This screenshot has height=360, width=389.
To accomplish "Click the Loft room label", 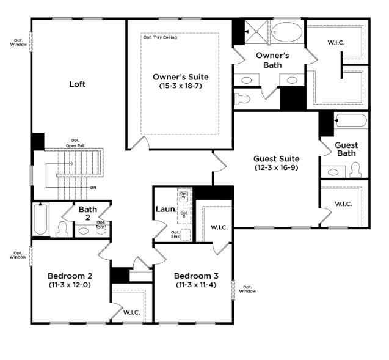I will (77, 84).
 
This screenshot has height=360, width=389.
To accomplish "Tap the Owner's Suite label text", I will (180, 77).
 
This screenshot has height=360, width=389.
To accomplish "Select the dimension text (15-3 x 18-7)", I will (180, 86).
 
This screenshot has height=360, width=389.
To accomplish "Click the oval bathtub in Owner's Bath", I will (285, 32).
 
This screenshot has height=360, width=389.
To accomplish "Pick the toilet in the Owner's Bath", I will (242, 98).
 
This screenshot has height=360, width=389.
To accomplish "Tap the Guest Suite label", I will (276, 159).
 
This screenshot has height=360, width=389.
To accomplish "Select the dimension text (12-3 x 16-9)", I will (276, 167).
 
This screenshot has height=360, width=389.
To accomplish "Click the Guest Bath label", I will (346, 149).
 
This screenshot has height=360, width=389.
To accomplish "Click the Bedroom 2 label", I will (70, 275).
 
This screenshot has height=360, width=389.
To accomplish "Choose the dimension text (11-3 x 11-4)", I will (192, 285).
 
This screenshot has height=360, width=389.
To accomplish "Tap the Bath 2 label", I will (88, 213).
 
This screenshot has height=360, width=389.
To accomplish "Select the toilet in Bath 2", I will (62, 229).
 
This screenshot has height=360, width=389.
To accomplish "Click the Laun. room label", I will (165, 210).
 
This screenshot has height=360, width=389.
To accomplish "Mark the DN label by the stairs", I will (93, 187).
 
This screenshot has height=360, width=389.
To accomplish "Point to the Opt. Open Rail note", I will (75, 144).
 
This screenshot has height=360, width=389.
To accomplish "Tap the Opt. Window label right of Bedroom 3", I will (247, 289).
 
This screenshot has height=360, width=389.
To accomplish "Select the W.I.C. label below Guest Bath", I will (343, 204).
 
